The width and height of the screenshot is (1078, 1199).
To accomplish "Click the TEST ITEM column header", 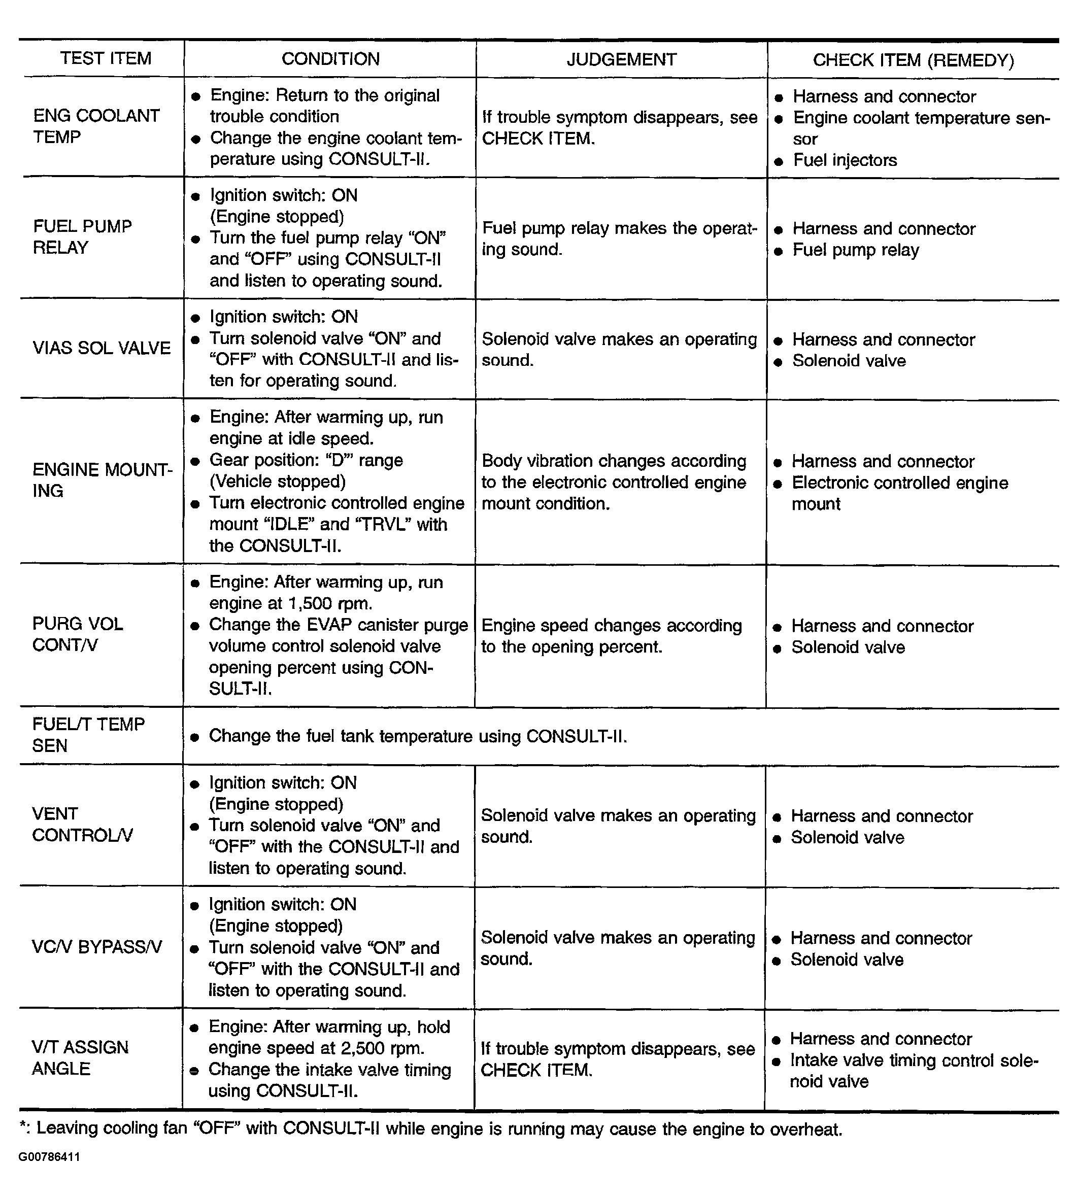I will [x=106, y=59].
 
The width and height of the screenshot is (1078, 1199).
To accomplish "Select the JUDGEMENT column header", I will [x=621, y=59].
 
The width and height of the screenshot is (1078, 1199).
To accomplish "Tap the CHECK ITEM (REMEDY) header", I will [x=913, y=60].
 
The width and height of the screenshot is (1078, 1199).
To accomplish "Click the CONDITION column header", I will [x=330, y=59].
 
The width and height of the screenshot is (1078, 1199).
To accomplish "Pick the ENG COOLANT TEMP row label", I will [x=96, y=126].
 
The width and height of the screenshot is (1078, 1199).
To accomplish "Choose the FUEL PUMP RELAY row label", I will [x=82, y=237].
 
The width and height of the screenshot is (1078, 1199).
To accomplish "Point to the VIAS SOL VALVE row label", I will [x=102, y=348].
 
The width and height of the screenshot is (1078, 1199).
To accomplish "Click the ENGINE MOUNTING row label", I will [x=102, y=480].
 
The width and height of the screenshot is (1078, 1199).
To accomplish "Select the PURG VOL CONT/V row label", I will [x=78, y=634].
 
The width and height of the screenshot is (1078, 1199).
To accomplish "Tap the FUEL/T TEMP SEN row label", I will [x=88, y=735].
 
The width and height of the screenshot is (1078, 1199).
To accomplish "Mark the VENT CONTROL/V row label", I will [x=82, y=824].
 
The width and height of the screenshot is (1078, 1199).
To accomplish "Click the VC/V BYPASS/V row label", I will [x=96, y=947].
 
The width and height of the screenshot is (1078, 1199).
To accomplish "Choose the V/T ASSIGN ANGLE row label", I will [x=80, y=1058].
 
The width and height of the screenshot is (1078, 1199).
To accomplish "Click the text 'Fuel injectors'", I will [x=845, y=160].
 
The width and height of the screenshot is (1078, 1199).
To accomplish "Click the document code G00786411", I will [x=49, y=1157].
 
